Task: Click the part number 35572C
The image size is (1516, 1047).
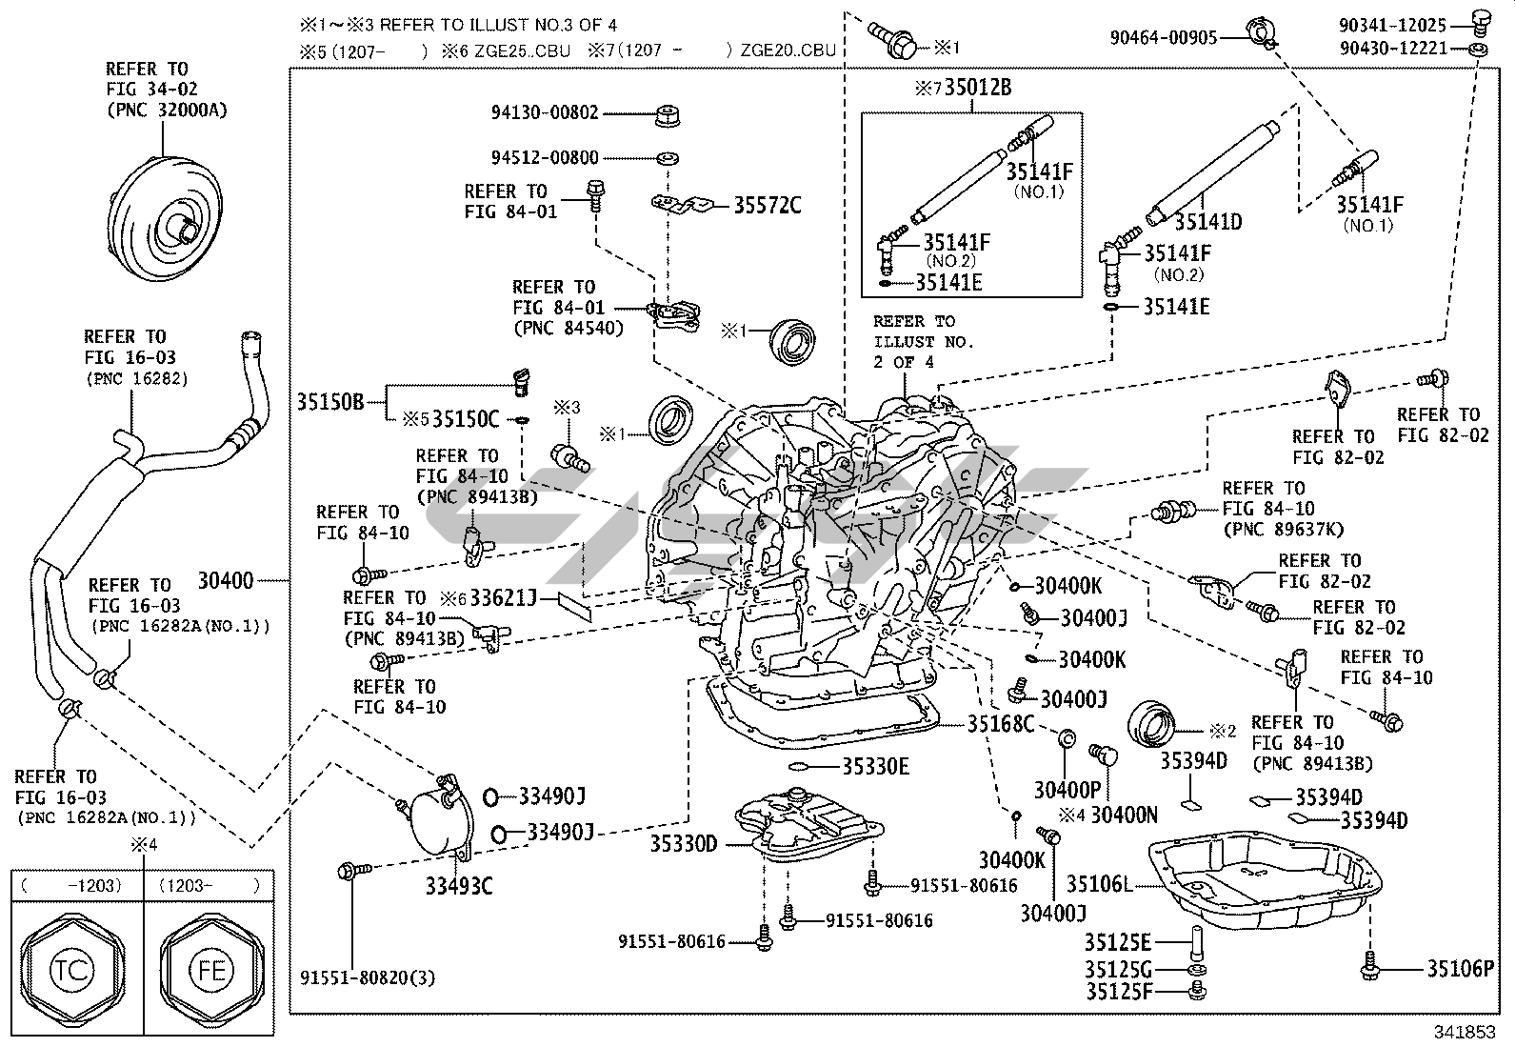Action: pos(768,205)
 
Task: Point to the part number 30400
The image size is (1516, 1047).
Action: pos(226,580)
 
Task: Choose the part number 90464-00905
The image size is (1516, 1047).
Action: pos(1164,37)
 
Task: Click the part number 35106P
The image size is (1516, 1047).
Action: pos(1461,969)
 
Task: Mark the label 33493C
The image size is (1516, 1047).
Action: pos(459,887)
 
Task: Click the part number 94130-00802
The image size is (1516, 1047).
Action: pos(545,112)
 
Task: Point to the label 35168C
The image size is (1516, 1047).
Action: pos(1001,724)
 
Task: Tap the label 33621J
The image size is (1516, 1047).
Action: pos(504,598)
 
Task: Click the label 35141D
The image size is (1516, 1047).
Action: pos(1207,222)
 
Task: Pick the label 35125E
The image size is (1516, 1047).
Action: pos(1118,943)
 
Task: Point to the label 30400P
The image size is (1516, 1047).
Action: pos(1067,790)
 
